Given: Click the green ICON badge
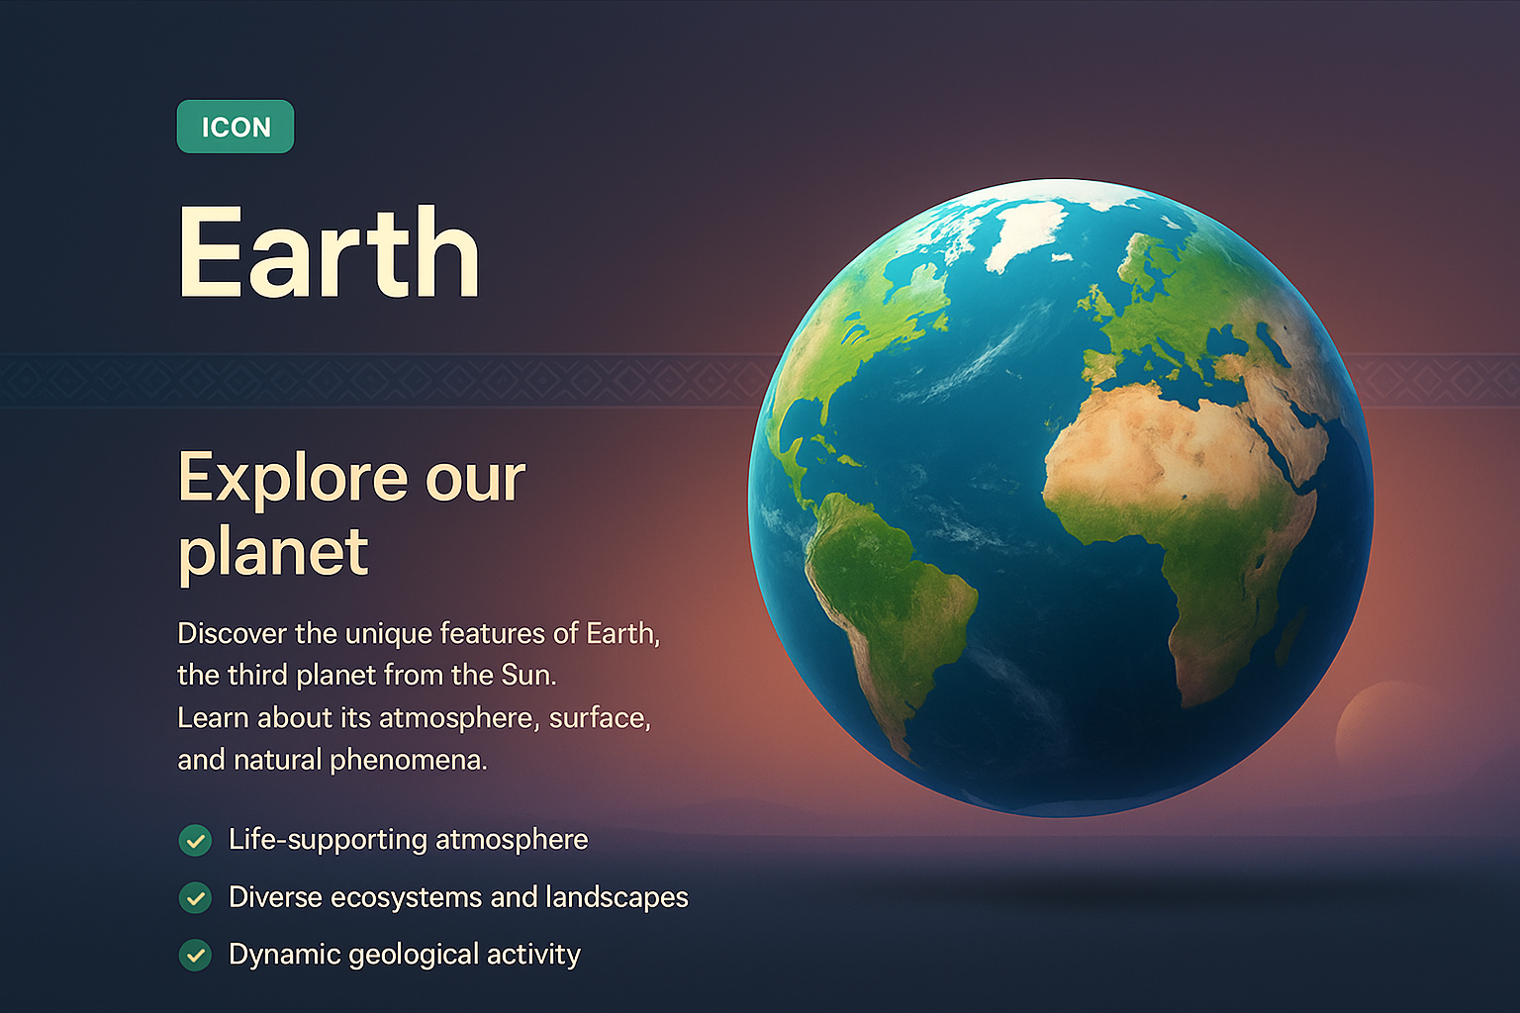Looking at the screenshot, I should [236, 127].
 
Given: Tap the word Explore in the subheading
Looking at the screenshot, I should [292, 479].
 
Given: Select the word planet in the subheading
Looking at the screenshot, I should [273, 552].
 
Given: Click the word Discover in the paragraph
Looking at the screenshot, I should [232, 633].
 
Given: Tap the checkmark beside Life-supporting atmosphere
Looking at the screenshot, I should [195, 841].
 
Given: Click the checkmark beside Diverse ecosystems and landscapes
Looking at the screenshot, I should [195, 898].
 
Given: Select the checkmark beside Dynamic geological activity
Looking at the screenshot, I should [195, 956].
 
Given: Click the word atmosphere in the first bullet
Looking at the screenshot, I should [512, 840].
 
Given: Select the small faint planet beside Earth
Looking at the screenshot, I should [1385, 727].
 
